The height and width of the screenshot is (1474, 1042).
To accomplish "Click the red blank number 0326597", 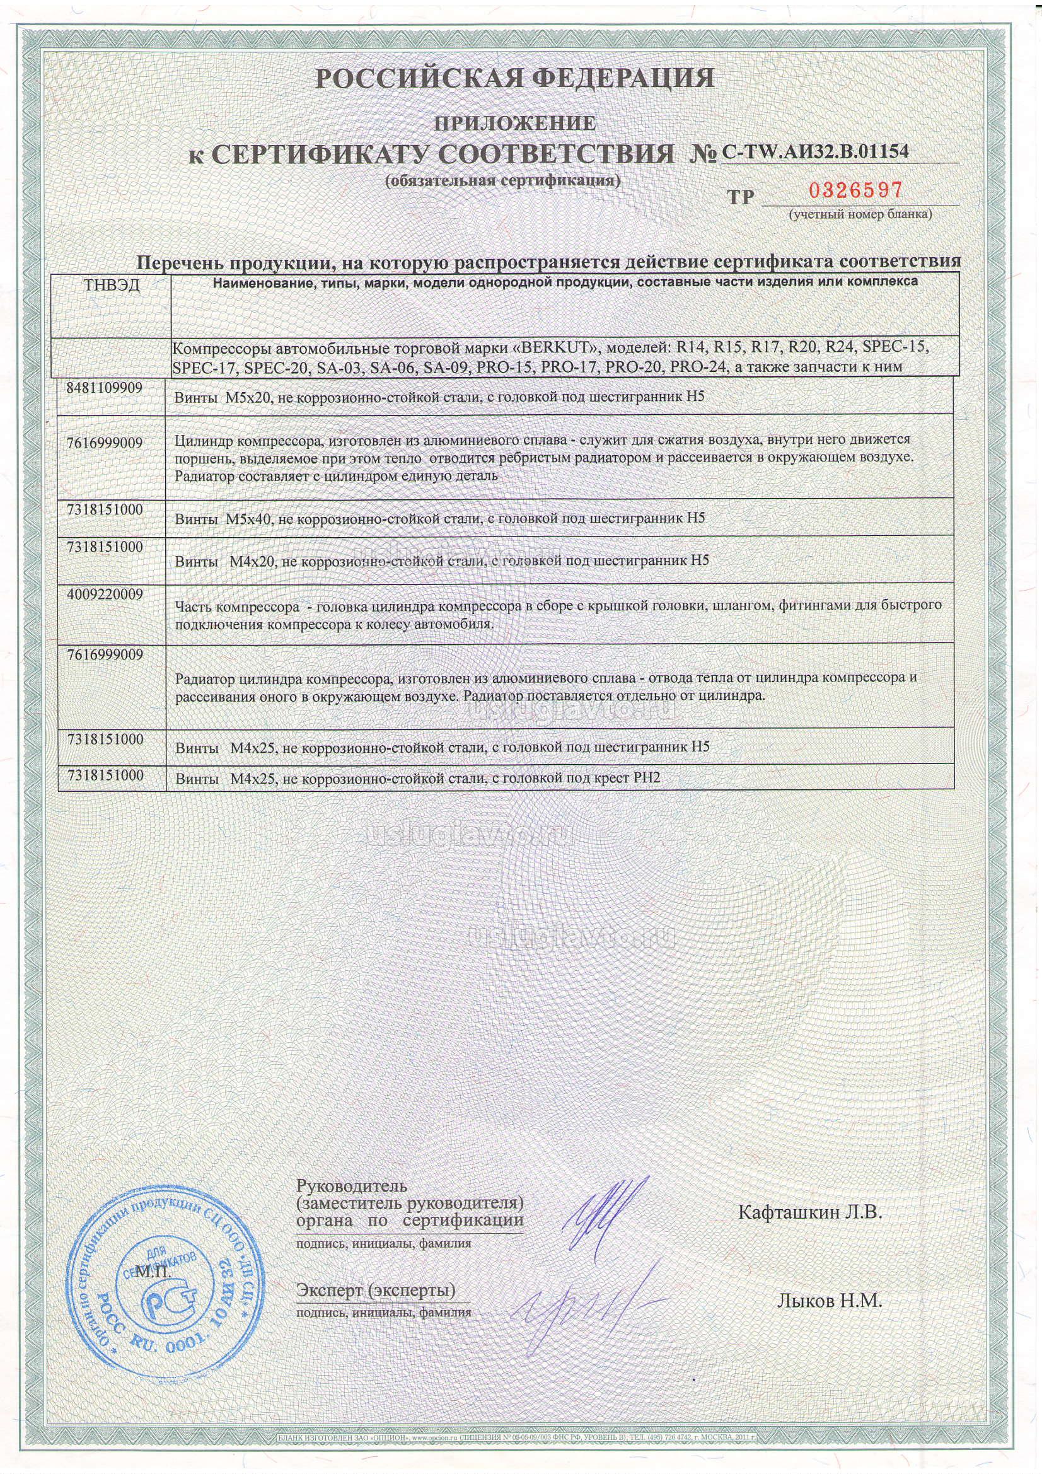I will (855, 190).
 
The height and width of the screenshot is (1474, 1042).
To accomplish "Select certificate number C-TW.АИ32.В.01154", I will (815, 151).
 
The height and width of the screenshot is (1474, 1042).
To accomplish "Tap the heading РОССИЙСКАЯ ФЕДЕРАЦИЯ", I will (514, 78).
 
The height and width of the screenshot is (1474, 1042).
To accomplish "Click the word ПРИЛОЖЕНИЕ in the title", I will (515, 122).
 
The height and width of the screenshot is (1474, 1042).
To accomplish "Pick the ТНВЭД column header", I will (112, 286).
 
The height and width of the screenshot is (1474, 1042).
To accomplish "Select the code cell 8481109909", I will (105, 388).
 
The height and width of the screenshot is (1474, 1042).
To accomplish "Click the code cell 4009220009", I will (105, 594).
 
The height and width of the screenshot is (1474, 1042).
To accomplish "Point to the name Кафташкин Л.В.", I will (810, 1212).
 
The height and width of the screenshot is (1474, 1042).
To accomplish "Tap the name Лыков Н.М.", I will (830, 1301).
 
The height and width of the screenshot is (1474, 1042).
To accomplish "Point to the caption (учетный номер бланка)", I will (860, 214).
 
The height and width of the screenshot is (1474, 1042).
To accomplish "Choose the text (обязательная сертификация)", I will (502, 180).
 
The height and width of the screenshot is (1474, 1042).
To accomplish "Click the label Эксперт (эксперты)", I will (376, 1289).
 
